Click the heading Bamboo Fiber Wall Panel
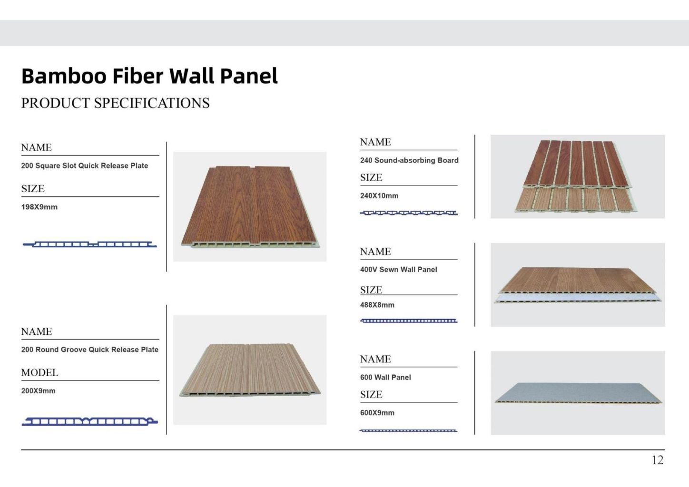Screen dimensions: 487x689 pyautogui.click(x=149, y=76)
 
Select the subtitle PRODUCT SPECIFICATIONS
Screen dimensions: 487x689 pyautogui.click(x=115, y=103)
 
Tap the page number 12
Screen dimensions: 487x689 pyautogui.click(x=657, y=460)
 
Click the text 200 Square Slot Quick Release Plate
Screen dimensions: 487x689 pyautogui.click(x=84, y=166)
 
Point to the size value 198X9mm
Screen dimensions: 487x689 pyautogui.click(x=39, y=207)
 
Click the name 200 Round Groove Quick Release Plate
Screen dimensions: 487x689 pyautogui.click(x=89, y=350)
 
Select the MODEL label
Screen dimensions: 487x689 pyautogui.click(x=39, y=373)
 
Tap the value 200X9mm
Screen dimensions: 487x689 pyautogui.click(x=38, y=391)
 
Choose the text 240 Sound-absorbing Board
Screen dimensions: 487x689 pyautogui.click(x=409, y=160)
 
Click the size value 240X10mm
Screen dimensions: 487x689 pyautogui.click(x=379, y=195)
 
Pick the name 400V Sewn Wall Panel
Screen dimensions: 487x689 pyautogui.click(x=398, y=270)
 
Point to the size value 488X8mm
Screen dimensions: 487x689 pyautogui.click(x=377, y=305)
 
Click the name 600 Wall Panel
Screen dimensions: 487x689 pyautogui.click(x=385, y=377)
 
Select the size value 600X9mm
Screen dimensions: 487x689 pyautogui.click(x=377, y=413)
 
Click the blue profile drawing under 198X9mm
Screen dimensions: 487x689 pyautogui.click(x=89, y=244)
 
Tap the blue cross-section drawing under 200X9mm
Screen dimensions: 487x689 pyautogui.click(x=89, y=421)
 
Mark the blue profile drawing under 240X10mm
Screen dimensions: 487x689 pyautogui.click(x=409, y=213)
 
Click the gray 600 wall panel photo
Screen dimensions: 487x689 pyautogui.click(x=578, y=393)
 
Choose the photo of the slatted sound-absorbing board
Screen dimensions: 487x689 pyautogui.click(x=577, y=176)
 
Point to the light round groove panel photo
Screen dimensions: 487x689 pyautogui.click(x=250, y=370)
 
